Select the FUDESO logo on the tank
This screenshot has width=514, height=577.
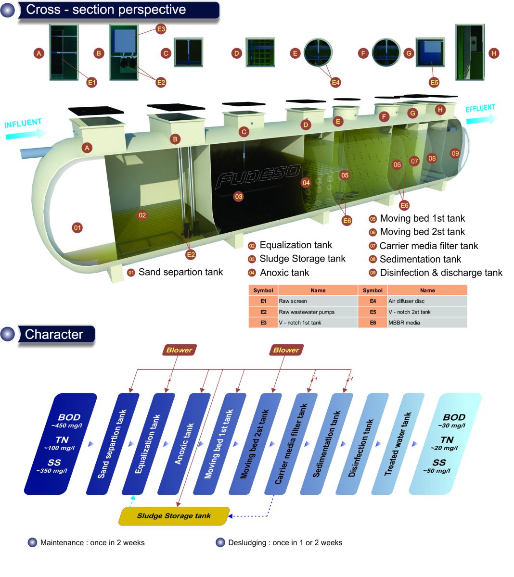point(258,176)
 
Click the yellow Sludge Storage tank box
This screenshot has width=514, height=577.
point(174,516)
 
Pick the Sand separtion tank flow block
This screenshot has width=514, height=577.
point(113,443)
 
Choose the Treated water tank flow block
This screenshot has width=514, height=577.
point(398,443)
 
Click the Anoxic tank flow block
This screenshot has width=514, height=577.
point(184,443)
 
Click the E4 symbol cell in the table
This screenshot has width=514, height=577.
point(373,301)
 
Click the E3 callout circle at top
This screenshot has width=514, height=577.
point(161,29)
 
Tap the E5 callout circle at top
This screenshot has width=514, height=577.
point(434,82)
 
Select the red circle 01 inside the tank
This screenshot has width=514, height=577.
point(77,227)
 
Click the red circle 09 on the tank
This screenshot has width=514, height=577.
point(455,153)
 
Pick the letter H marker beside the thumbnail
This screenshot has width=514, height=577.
point(494,53)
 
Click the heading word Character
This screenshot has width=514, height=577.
point(54,335)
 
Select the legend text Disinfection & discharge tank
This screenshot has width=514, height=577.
point(441,273)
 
